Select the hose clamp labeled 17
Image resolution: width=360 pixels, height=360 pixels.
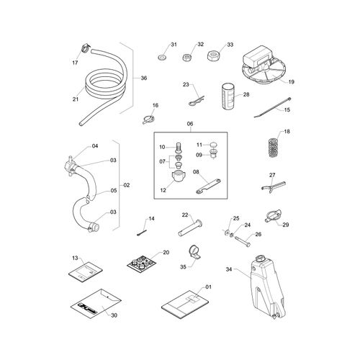86,48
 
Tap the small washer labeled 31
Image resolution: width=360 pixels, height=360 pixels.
161,58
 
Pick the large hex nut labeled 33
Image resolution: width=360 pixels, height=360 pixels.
212,55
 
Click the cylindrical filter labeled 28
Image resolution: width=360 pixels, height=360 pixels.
228,96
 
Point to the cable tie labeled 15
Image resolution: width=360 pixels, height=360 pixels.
272,107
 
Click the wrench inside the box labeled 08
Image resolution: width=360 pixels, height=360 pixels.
208,186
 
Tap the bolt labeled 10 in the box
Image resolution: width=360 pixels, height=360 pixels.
178,147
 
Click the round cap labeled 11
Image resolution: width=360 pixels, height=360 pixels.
213,145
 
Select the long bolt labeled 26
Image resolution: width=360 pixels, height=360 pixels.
242,241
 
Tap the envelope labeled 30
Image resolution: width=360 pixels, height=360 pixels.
96,304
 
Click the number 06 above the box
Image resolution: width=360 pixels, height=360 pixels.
190,124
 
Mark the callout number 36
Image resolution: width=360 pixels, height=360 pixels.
144,78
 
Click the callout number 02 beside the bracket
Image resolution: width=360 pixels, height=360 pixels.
127,185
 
